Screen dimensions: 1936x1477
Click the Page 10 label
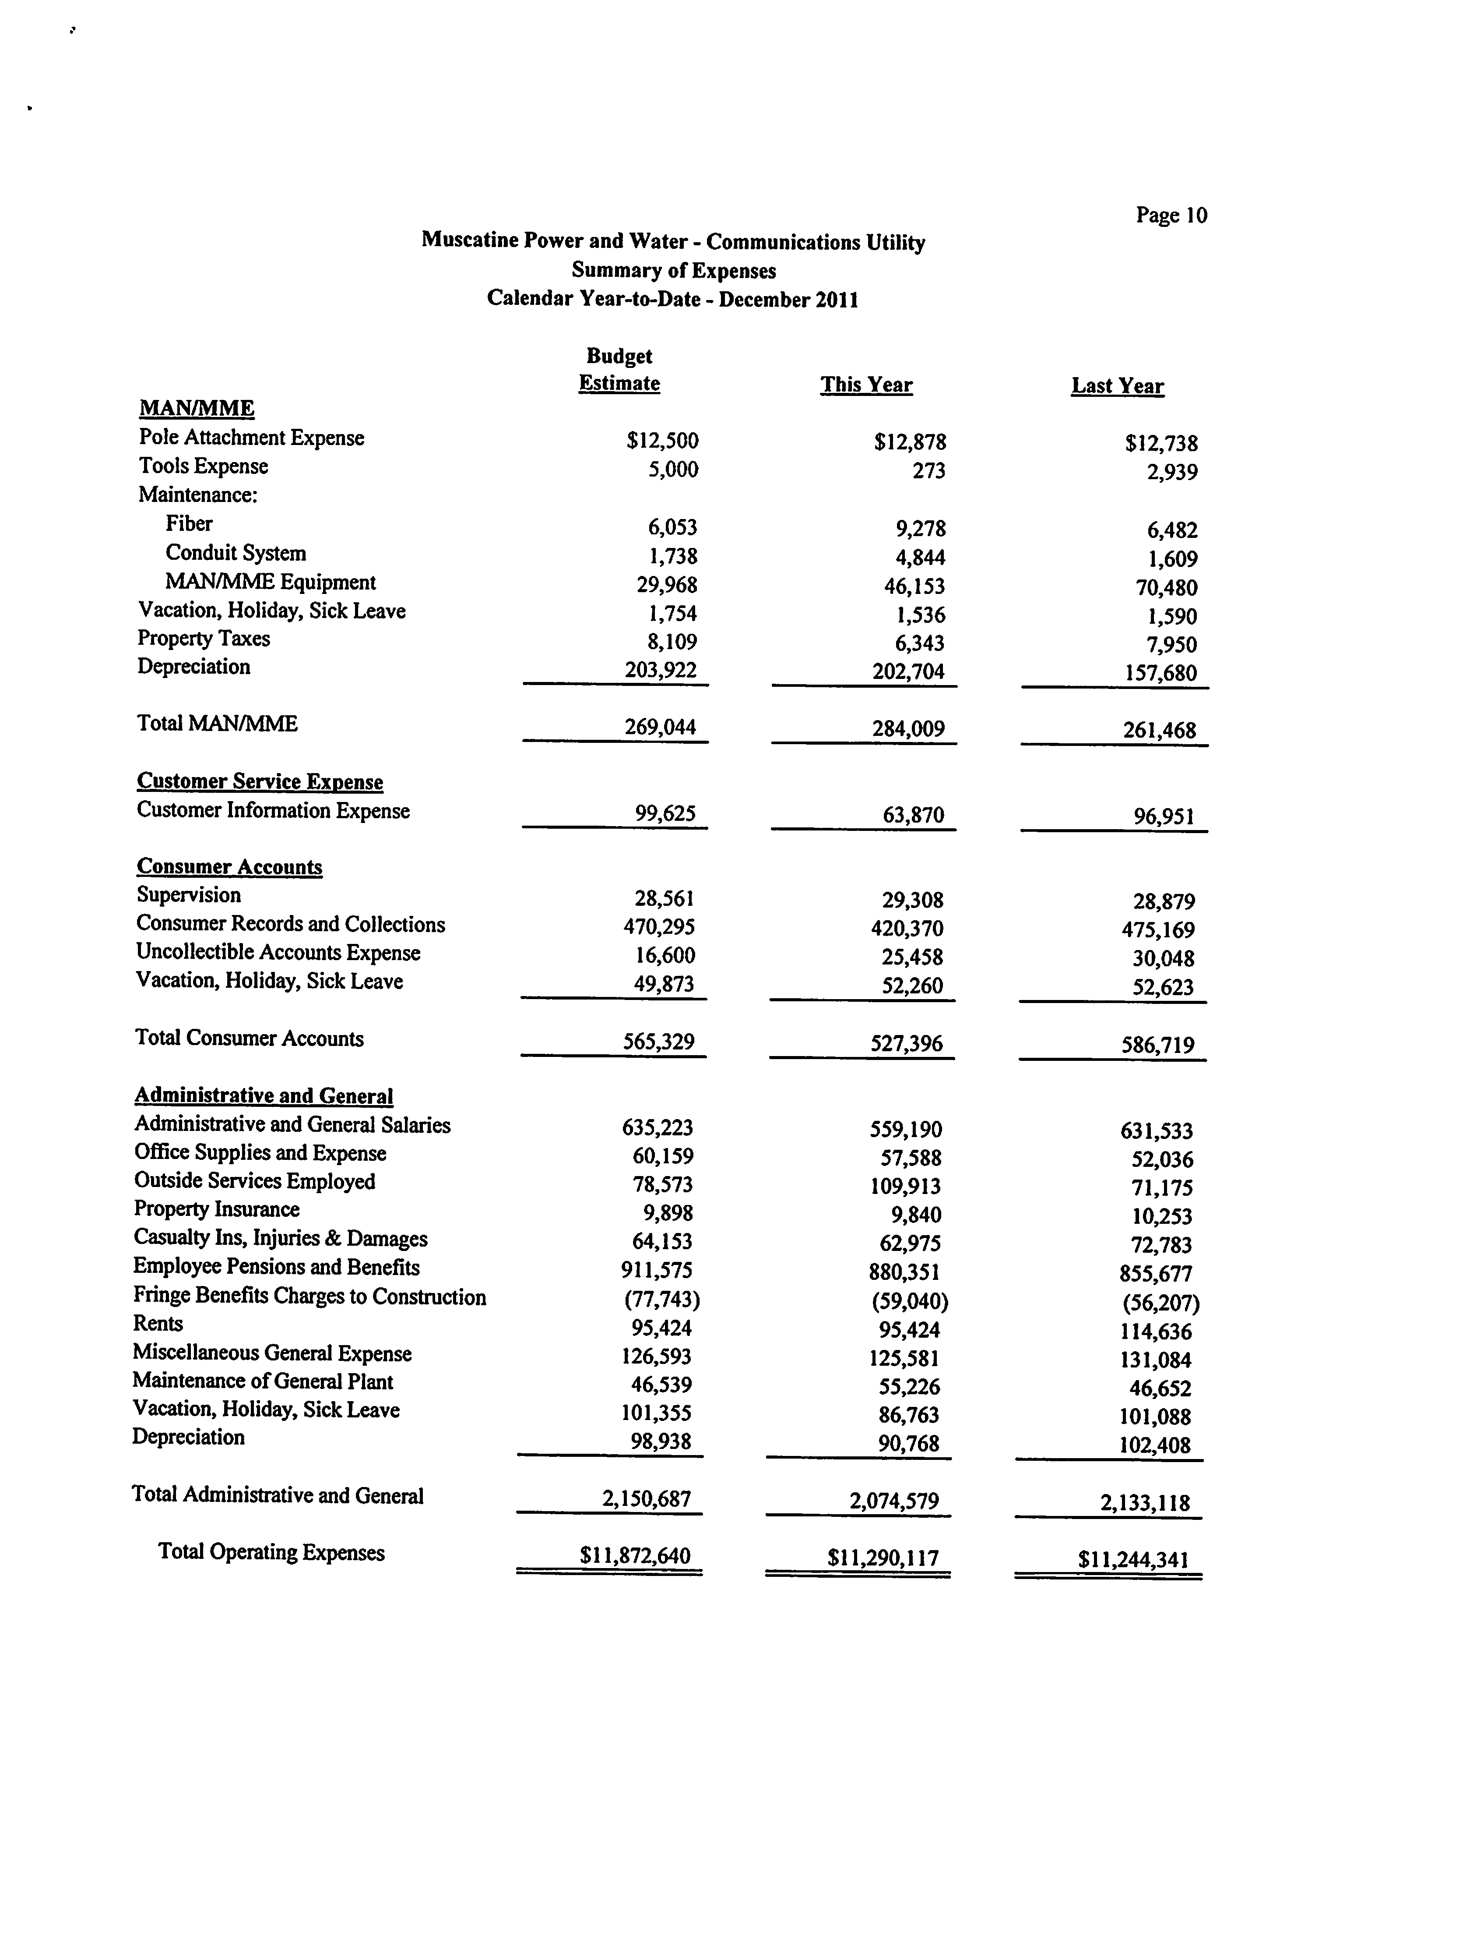[x=1171, y=216]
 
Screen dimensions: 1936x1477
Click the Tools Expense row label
[x=203, y=466]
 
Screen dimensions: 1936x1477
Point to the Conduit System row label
[x=236, y=553]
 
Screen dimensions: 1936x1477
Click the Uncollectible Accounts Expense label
[x=278, y=953]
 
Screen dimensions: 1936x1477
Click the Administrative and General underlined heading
[x=264, y=1096]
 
